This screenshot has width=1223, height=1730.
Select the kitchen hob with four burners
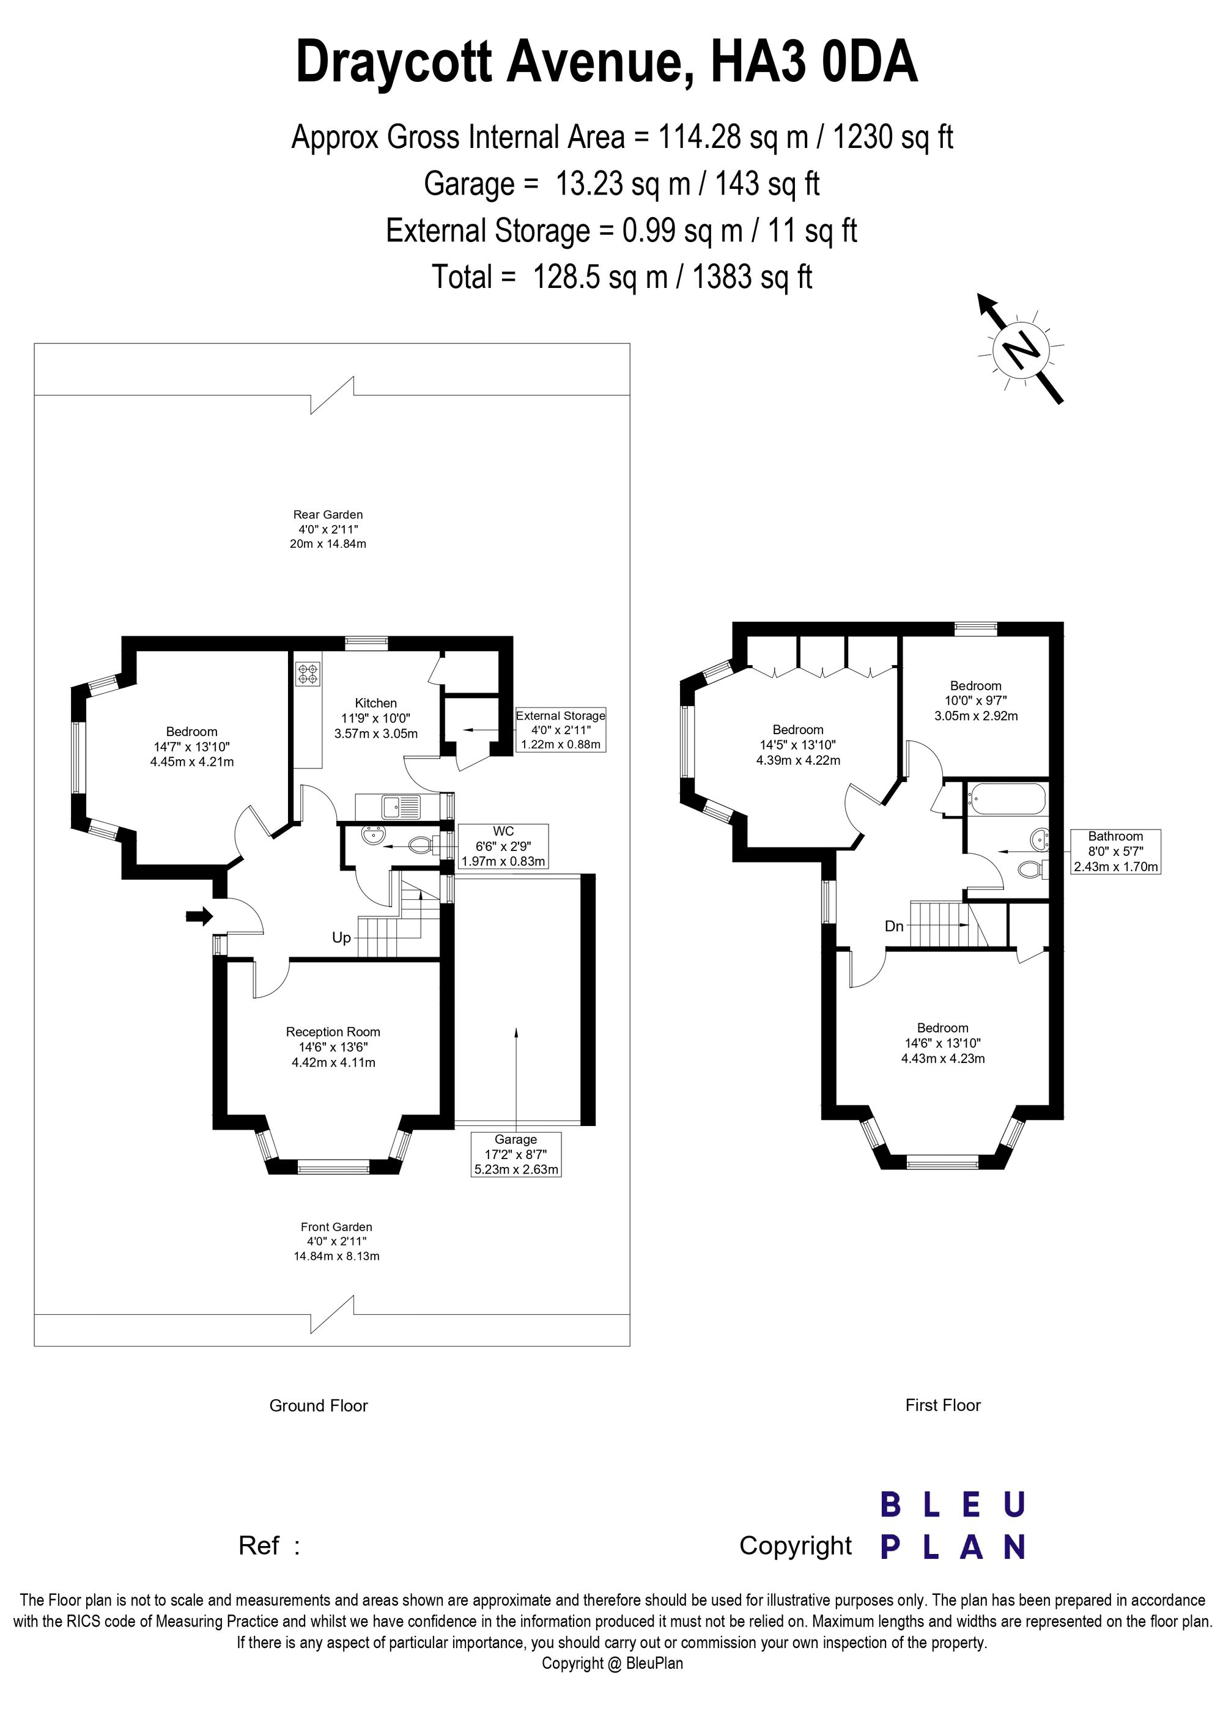click(308, 673)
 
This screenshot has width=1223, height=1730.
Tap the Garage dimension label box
click(516, 1154)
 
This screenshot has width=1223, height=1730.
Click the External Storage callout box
click(561, 729)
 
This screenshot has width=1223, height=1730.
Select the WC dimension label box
click(503, 846)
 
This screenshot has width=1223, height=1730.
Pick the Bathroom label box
click(1116, 852)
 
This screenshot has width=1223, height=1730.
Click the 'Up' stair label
click(341, 938)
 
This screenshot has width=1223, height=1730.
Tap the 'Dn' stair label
click(895, 926)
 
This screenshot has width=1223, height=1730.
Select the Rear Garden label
click(328, 529)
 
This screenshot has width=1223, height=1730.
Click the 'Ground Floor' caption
click(319, 1406)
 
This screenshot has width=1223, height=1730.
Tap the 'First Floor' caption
click(944, 1405)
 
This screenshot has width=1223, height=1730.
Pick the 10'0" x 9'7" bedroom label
click(976, 701)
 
